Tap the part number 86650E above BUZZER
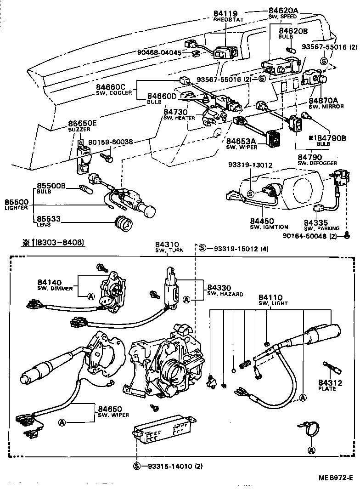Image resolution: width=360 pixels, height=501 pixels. [83, 123]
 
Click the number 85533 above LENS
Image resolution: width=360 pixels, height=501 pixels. [51, 219]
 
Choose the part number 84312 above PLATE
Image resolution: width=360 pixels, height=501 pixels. [327, 383]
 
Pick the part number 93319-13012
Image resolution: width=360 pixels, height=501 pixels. [249, 165]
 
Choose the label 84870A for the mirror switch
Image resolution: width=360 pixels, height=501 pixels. [323, 100]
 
